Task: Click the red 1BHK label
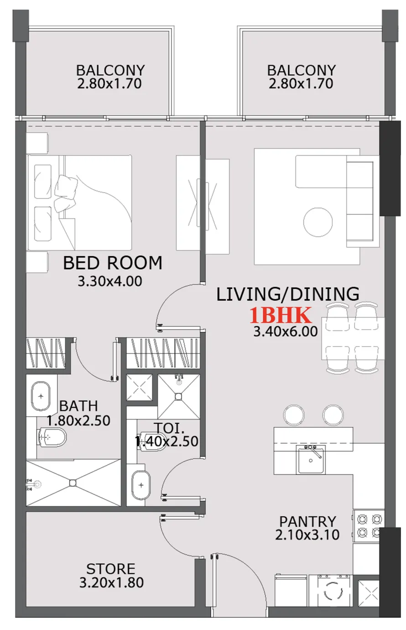pos(281,315)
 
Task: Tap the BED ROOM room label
pos(112,263)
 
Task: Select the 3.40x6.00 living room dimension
pos(285,331)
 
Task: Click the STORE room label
pos(111,569)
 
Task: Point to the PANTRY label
pos(307,521)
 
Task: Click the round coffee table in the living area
pos(318,222)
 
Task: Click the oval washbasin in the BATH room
pos(42,396)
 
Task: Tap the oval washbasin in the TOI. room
pos(141,485)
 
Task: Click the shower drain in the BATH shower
pos(73,482)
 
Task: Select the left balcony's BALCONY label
pos(110,70)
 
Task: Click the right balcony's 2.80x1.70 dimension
pos(301,84)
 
